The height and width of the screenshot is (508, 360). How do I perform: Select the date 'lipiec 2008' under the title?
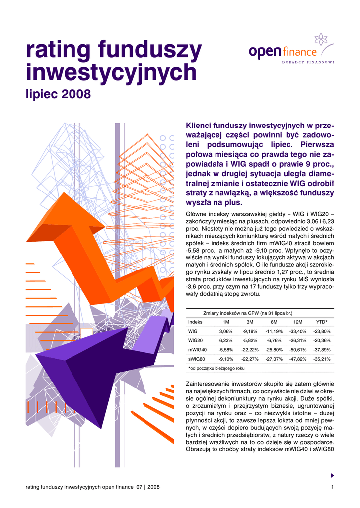pos(58,94)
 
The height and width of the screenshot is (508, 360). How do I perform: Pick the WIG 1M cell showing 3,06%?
pos(226,331)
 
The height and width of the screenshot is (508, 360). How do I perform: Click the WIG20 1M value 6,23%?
pos(226,340)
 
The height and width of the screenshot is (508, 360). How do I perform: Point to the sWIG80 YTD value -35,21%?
pos(322,359)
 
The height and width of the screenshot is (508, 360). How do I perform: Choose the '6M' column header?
pos(274,322)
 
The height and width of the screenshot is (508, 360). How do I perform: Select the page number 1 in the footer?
pos(331,488)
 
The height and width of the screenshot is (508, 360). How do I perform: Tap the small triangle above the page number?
pos(332,475)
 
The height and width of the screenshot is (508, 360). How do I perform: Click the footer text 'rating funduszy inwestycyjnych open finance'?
pos(79,488)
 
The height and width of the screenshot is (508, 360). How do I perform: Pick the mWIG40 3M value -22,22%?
pos(250,350)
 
